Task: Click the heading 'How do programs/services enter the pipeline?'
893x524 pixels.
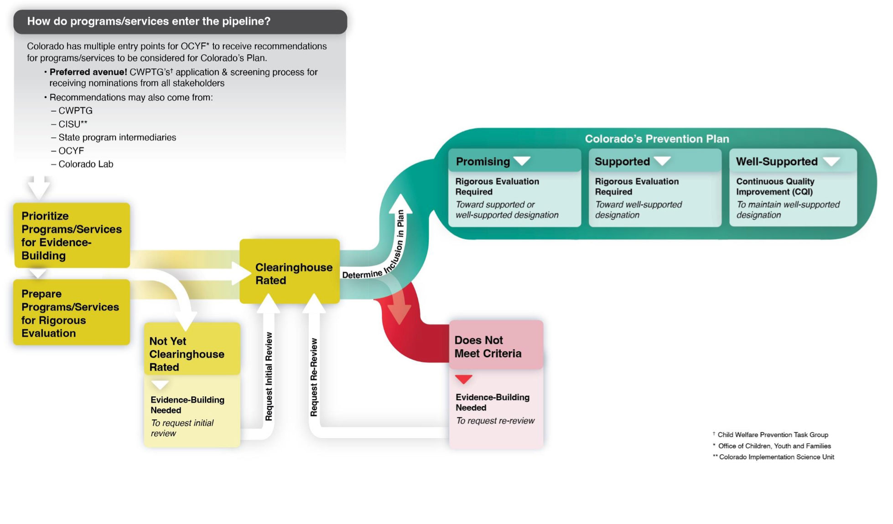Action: [149, 21]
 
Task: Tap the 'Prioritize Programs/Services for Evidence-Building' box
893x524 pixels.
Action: [72, 236]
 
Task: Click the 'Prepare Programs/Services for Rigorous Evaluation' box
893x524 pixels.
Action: [72, 313]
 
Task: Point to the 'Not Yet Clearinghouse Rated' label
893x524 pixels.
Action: [187, 354]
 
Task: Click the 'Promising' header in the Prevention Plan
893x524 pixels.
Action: [483, 161]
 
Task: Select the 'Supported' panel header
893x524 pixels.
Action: [622, 161]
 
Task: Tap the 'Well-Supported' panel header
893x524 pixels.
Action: [777, 161]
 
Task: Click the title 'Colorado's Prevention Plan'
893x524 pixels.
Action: [657, 139]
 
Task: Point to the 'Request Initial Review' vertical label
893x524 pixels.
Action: [269, 376]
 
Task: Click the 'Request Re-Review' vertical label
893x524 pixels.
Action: [314, 377]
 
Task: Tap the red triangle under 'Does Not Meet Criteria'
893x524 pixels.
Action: [464, 379]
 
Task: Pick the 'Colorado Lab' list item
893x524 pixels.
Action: [86, 164]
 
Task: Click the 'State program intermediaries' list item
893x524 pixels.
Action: [117, 137]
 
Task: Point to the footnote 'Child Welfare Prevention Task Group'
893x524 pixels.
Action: [773, 435]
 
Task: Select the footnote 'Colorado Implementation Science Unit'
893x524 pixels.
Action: [776, 457]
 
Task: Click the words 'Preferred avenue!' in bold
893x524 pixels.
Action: [88, 72]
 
